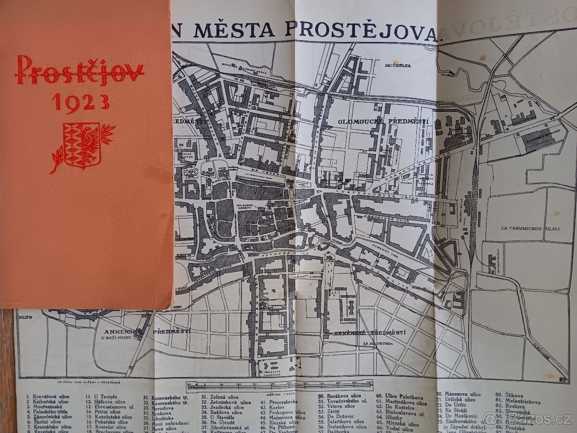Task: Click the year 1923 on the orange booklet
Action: [81, 102]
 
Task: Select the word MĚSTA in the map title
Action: [234, 30]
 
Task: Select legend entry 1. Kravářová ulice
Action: [48, 397]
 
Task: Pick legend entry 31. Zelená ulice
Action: [221, 397]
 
